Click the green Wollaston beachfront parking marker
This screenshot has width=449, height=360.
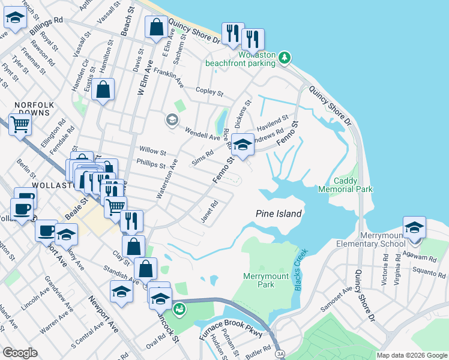tap(285, 58)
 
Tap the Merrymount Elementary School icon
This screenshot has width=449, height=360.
tap(414, 229)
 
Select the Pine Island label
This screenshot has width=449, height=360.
tap(279, 213)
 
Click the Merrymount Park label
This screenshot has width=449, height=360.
tap(267, 280)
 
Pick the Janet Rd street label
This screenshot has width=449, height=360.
tap(209, 211)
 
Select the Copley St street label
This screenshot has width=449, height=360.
tap(209, 92)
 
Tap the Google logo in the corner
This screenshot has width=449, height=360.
tap(20, 352)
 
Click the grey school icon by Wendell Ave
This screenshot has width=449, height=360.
tap(172, 121)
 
